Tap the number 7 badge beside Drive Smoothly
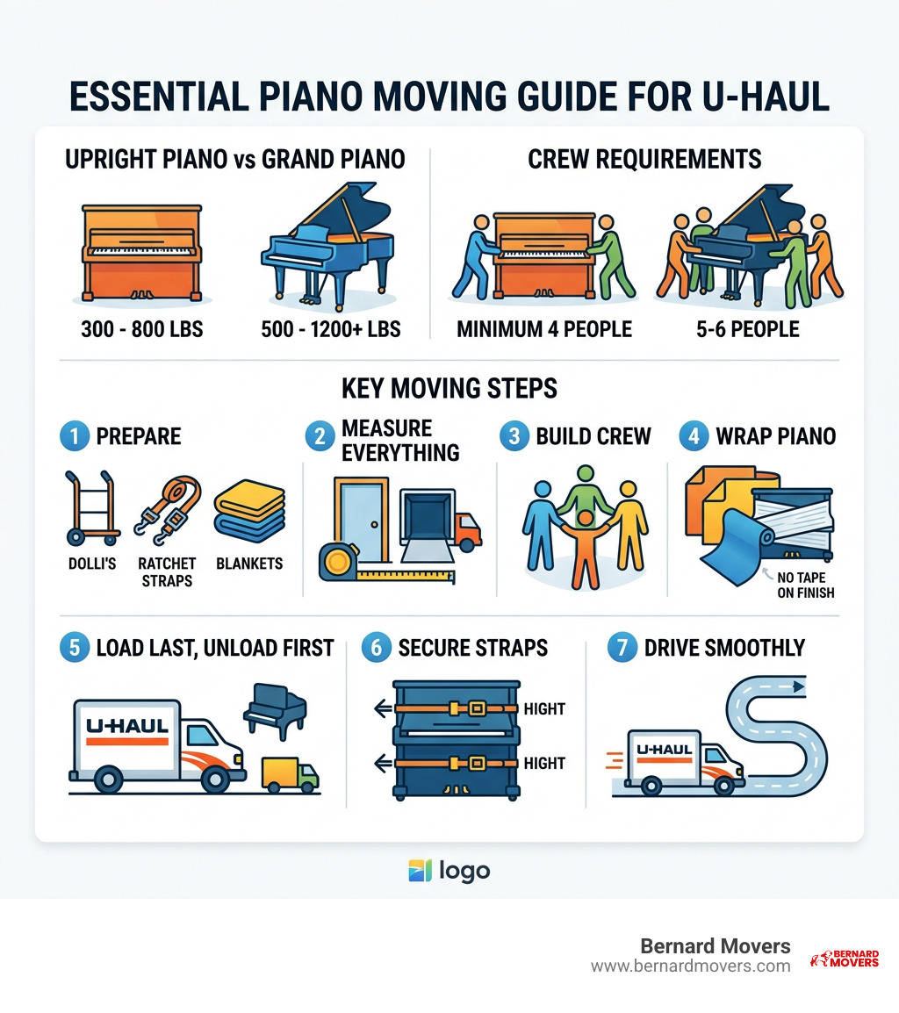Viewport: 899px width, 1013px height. [622, 649]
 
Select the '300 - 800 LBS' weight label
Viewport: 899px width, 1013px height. [141, 329]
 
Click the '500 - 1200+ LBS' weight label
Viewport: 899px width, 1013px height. [330, 329]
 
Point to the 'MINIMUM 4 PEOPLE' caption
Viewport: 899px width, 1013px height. [544, 329]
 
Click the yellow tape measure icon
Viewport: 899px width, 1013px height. [338, 560]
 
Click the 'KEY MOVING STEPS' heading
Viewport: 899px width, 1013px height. [449, 387]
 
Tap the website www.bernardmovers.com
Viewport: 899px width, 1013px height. [690, 966]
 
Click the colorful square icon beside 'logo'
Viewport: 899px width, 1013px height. [421, 871]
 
